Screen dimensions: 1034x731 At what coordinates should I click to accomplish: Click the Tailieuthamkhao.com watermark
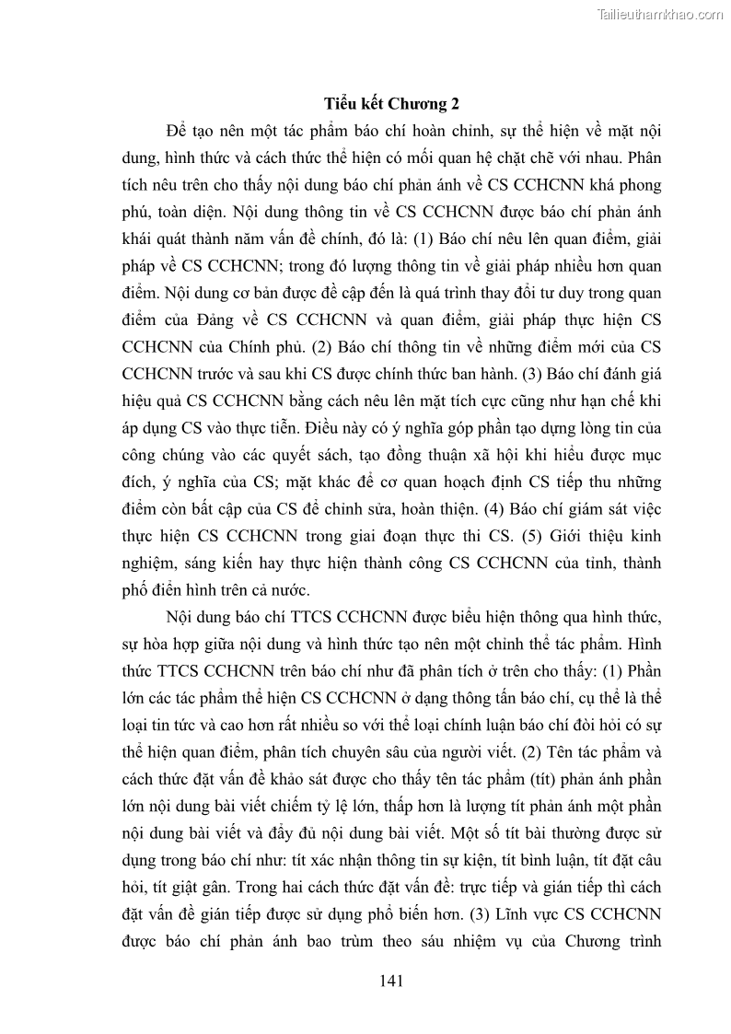pyautogui.click(x=660, y=14)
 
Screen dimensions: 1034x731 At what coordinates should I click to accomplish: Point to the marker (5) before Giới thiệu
pyautogui.click(x=507, y=537)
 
